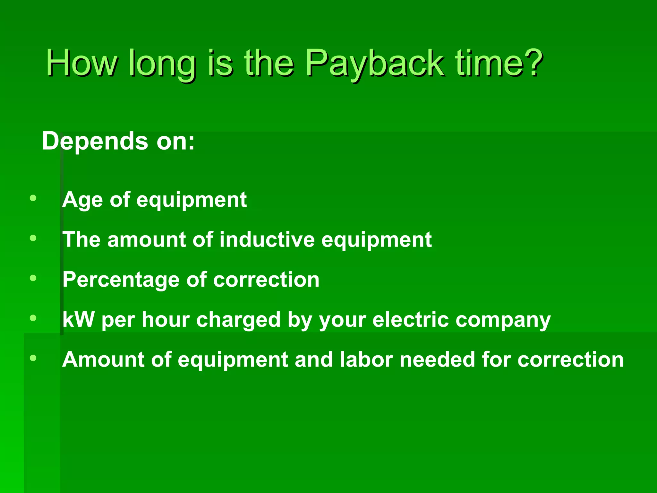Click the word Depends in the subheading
95,141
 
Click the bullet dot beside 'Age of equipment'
33,198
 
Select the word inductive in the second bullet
267,239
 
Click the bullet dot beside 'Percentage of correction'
33,278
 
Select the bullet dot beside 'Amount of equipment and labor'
33,358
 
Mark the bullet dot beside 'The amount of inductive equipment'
33,238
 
